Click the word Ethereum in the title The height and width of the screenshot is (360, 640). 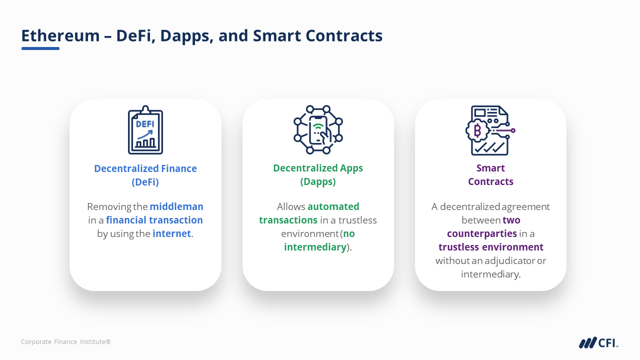pyautogui.click(x=60, y=35)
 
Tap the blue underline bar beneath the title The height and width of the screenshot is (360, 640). pyautogui.click(x=40, y=48)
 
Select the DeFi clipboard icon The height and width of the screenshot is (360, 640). pyautogui.click(x=145, y=130)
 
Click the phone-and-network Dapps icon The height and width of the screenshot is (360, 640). pyautogui.click(x=318, y=129)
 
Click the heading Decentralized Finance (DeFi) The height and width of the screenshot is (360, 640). pyautogui.click(x=145, y=175)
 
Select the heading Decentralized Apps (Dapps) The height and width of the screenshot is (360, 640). pyautogui.click(x=318, y=174)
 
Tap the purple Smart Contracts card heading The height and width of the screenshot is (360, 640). pyautogui.click(x=490, y=174)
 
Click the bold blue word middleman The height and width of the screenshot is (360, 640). pyautogui.click(x=176, y=206)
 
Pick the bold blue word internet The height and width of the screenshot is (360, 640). pyautogui.click(x=171, y=233)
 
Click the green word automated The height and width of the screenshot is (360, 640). pyautogui.click(x=333, y=206)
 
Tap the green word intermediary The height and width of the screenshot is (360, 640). pyautogui.click(x=315, y=247)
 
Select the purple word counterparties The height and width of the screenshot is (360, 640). pyautogui.click(x=482, y=233)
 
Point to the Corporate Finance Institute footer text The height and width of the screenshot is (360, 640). pyautogui.click(x=66, y=341)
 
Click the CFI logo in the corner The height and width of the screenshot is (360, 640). pyautogui.click(x=598, y=342)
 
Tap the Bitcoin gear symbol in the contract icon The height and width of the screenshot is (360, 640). pyautogui.click(x=477, y=131)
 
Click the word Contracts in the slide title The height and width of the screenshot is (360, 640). pyautogui.click(x=344, y=35)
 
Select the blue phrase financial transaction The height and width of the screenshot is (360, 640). pyautogui.click(x=154, y=220)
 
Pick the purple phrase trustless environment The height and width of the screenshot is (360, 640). pyautogui.click(x=491, y=247)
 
